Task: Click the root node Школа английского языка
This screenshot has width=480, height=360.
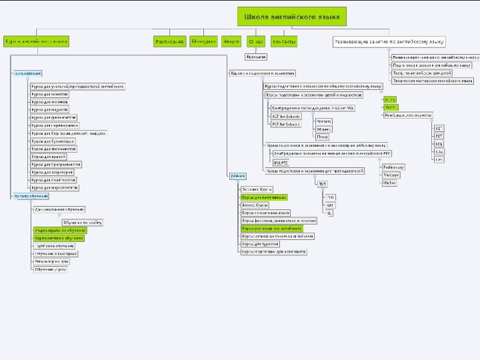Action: (x=291, y=16)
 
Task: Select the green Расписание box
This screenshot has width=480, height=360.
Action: (x=169, y=41)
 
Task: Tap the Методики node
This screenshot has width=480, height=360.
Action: (x=203, y=41)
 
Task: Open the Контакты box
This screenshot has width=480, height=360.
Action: (x=285, y=41)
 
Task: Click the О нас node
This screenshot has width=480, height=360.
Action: (x=256, y=41)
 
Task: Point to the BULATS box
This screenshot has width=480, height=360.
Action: (x=281, y=162)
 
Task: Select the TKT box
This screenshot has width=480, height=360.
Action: (x=322, y=183)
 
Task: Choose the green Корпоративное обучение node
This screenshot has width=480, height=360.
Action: (x=59, y=237)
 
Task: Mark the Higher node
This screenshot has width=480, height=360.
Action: (x=389, y=182)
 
